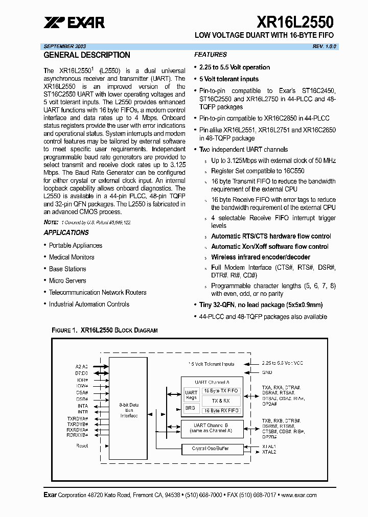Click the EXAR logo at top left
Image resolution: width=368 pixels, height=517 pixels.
(x=74, y=22)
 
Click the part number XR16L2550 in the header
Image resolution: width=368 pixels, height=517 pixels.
(x=295, y=22)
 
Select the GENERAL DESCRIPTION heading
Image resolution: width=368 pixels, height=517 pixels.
(x=87, y=55)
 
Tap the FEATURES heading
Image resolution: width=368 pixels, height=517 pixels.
(x=210, y=55)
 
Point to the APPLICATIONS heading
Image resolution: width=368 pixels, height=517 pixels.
(x=66, y=232)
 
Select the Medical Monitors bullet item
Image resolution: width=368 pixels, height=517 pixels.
(x=72, y=257)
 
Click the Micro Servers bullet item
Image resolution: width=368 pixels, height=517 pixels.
(x=67, y=280)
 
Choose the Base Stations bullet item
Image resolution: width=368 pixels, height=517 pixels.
(x=67, y=269)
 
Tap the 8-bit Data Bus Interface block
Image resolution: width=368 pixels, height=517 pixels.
(x=129, y=410)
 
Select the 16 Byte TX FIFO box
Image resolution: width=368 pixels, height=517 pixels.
(x=220, y=391)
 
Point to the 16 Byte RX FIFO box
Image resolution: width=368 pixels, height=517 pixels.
(x=220, y=410)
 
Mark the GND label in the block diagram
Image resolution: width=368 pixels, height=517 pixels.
(x=267, y=372)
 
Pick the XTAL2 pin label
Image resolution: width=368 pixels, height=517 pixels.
(x=269, y=452)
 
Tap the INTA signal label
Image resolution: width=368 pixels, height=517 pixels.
(x=83, y=406)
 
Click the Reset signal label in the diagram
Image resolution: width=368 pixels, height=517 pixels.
(x=82, y=445)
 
